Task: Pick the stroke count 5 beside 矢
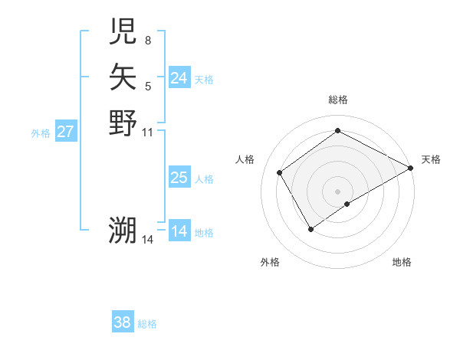click(148, 87)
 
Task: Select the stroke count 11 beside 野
click(148, 132)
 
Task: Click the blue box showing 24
click(179, 78)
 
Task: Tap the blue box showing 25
click(179, 178)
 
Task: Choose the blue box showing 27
click(66, 132)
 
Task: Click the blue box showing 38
click(123, 322)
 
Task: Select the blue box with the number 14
click(179, 231)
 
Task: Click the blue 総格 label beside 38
click(147, 324)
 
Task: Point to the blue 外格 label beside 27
click(41, 133)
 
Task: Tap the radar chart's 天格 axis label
click(431, 159)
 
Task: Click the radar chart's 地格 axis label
click(402, 262)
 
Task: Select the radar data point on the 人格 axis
click(280, 172)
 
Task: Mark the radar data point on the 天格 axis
click(411, 168)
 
